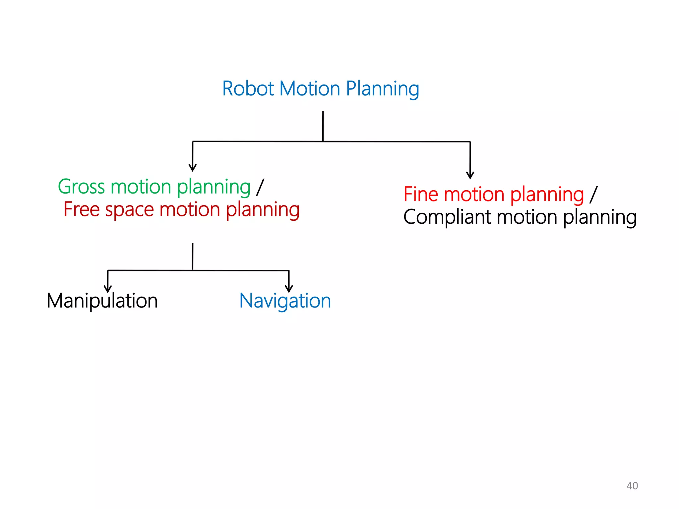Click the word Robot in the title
pyautogui.click(x=248, y=89)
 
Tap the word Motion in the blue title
pyautogui.click(x=310, y=89)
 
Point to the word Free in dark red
pyautogui.click(x=82, y=209)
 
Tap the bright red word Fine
pyautogui.click(x=421, y=195)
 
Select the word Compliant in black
pyautogui.click(x=447, y=217)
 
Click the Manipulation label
pyautogui.click(x=102, y=301)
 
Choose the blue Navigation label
pyautogui.click(x=285, y=301)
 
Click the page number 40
pyautogui.click(x=632, y=486)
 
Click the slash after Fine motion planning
pyautogui.click(x=593, y=195)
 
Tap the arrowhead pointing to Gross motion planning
pyautogui.click(x=193, y=168)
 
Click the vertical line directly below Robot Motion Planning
pyautogui.click(x=323, y=126)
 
